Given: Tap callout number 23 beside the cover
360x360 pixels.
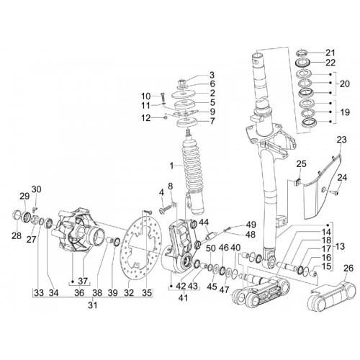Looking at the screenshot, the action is (341, 140).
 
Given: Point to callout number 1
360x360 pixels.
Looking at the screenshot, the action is (171, 166).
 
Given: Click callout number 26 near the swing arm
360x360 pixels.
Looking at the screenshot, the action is (348, 268).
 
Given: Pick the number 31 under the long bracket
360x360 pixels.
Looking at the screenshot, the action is (93, 305).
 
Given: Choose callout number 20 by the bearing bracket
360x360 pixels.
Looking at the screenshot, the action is (345, 84).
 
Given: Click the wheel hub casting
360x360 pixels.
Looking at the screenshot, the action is (78, 231).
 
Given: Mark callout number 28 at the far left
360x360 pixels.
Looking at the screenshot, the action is (17, 236).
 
